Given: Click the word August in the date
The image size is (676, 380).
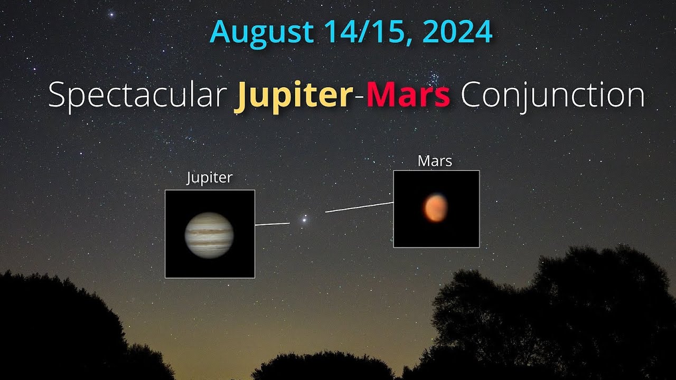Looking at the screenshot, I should coord(262,33).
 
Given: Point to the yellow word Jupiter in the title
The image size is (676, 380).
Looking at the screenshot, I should coord(294,96).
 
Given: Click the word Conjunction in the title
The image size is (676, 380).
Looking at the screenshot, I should coord(552,96).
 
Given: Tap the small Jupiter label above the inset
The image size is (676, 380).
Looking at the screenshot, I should coord(210,178).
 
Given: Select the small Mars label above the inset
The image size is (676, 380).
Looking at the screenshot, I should coord(435,161).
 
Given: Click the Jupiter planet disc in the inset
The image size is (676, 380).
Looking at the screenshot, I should coord(210,235).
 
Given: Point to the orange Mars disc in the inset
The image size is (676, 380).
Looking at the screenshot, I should coord(435,207).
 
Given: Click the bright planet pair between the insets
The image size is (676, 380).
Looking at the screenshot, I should coord(304,218).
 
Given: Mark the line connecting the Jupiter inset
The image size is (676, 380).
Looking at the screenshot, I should coord(272,224).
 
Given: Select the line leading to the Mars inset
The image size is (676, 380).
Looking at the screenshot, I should coord(359,207).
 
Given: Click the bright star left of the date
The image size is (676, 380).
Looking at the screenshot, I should coord(111,14).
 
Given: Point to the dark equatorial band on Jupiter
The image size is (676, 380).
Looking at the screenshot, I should coord(210,231).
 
